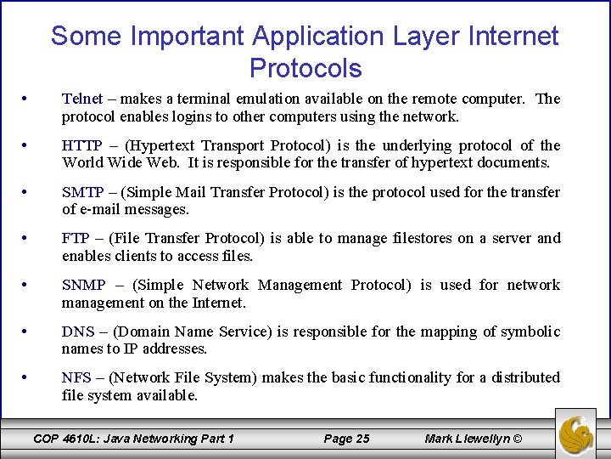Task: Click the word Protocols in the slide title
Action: click(305, 68)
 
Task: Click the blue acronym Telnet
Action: click(81, 99)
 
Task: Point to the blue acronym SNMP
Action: click(83, 286)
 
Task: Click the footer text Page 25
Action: click(347, 439)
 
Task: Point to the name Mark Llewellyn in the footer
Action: click(468, 439)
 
